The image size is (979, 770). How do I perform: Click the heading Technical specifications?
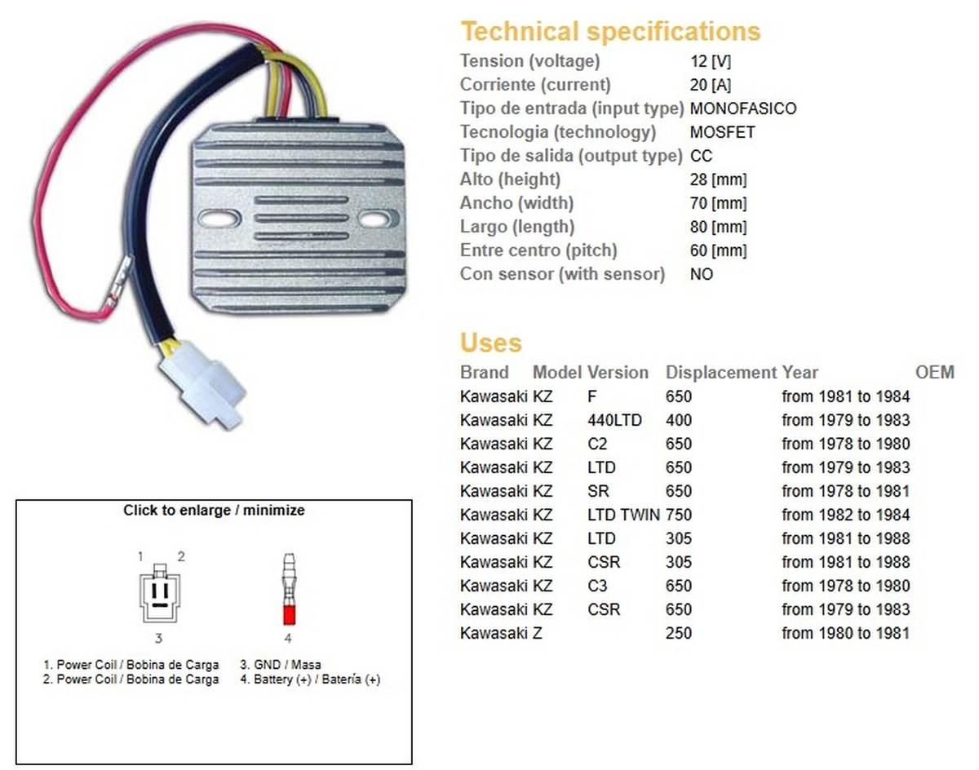click(x=610, y=31)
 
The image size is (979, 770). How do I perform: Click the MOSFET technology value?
click(x=723, y=131)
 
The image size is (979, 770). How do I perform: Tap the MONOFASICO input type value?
click(x=743, y=108)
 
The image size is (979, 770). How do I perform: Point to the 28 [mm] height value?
click(x=718, y=179)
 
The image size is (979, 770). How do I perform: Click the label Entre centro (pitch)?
click(x=538, y=250)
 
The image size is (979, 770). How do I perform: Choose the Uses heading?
click(x=490, y=342)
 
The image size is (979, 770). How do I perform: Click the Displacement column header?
click(x=721, y=372)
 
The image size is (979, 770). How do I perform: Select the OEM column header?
click(x=934, y=372)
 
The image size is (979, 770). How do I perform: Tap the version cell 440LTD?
click(x=614, y=420)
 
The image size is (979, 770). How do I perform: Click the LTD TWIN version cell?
click(x=623, y=515)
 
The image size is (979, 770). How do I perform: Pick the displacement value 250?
click(x=679, y=633)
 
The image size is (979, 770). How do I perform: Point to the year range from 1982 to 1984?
click(x=845, y=515)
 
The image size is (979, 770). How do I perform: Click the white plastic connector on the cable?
click(x=202, y=385)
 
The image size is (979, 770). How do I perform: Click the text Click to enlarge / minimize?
click(x=214, y=510)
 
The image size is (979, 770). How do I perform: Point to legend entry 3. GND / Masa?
click(x=281, y=665)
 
